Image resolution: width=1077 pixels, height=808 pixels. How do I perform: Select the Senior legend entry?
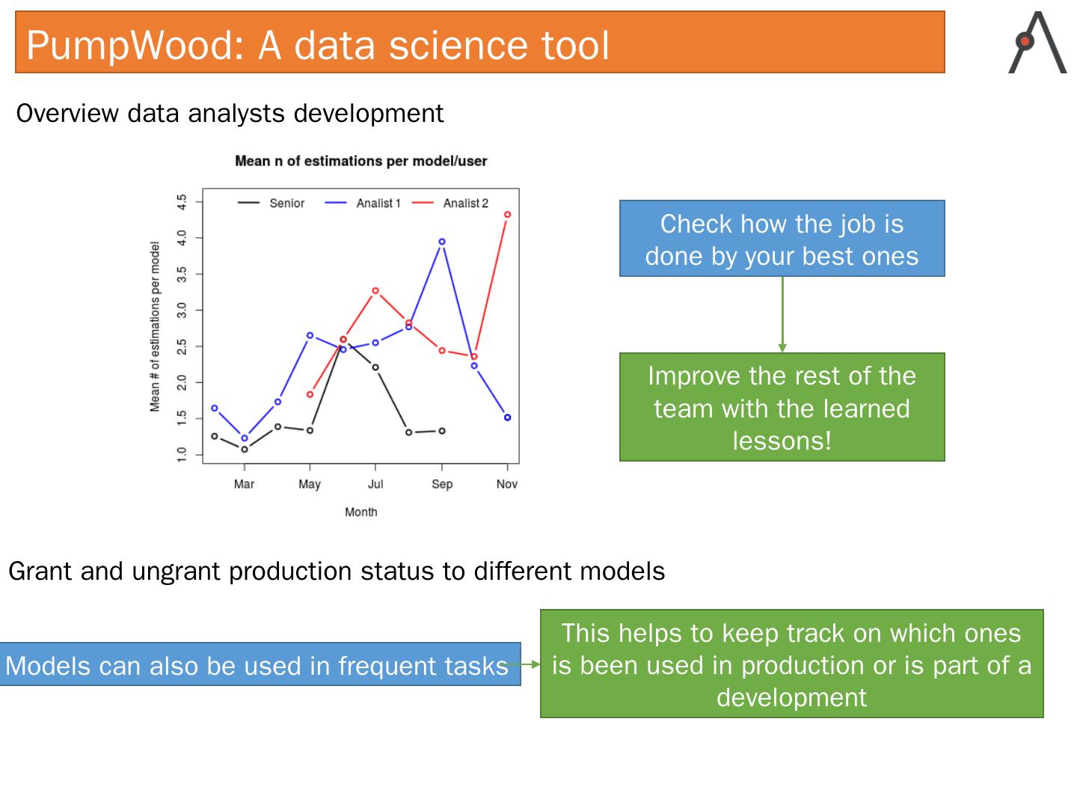pyautogui.click(x=271, y=203)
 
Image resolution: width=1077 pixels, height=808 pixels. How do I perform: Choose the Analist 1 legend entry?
pyautogui.click(x=363, y=203)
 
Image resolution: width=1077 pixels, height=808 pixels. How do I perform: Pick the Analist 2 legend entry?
pyautogui.click(x=450, y=203)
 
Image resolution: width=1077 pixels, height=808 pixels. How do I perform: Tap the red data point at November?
pyautogui.click(x=507, y=215)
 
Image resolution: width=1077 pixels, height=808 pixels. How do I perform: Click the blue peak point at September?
pyautogui.click(x=441, y=242)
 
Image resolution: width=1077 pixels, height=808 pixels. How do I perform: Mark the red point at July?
pyautogui.click(x=375, y=290)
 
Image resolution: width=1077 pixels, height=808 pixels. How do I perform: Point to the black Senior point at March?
pyautogui.click(x=245, y=450)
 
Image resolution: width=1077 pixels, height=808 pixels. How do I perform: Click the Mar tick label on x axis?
pyautogui.click(x=244, y=484)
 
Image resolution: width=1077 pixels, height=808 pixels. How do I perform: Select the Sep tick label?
pyautogui.click(x=441, y=484)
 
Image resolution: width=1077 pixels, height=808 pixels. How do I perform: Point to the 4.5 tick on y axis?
pyautogui.click(x=182, y=202)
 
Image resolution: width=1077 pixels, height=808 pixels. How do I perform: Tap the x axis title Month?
pyautogui.click(x=360, y=512)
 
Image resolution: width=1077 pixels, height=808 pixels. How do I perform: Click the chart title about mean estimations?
pyautogui.click(x=360, y=161)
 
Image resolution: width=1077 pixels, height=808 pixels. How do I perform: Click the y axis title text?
pyautogui.click(x=155, y=326)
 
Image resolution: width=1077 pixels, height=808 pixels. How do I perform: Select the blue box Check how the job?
pyautogui.click(x=782, y=239)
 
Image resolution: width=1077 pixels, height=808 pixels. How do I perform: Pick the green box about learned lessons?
pyautogui.click(x=782, y=407)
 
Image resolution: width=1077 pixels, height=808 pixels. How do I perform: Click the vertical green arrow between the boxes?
pyautogui.click(x=782, y=314)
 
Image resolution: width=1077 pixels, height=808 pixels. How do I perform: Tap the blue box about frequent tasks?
pyautogui.click(x=260, y=664)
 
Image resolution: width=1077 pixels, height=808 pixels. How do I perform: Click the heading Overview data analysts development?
pyautogui.click(x=230, y=113)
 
